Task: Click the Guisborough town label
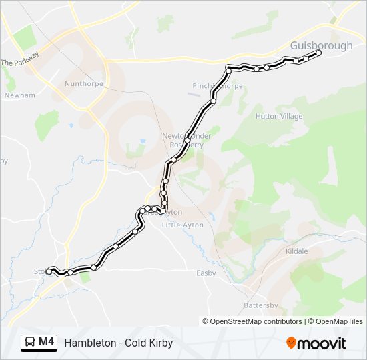click(x=322, y=45)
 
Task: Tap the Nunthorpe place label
click(x=81, y=84)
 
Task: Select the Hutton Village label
click(x=279, y=116)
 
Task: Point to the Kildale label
click(x=296, y=251)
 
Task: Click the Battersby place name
click(x=261, y=305)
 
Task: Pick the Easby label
click(x=206, y=273)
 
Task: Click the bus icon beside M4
click(x=30, y=343)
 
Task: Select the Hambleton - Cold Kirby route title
click(x=119, y=343)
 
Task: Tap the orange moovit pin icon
click(x=291, y=343)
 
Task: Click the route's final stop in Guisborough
click(x=318, y=53)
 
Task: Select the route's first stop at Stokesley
click(x=49, y=271)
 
